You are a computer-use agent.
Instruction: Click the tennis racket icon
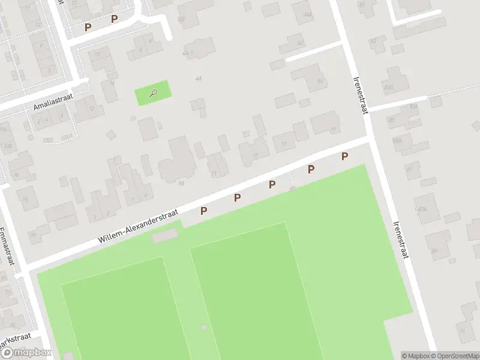[154, 93]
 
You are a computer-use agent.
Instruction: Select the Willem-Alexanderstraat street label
[138, 227]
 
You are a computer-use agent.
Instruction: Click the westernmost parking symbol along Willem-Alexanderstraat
[204, 211]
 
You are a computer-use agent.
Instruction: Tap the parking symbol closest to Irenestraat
[344, 157]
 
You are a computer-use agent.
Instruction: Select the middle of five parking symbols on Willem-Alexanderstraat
[272, 184]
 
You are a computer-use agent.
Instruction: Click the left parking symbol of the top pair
[88, 27]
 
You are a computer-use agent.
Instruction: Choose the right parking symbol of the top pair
[114, 19]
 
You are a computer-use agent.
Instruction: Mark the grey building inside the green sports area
[164, 236]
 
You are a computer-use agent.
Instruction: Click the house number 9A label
[181, 184]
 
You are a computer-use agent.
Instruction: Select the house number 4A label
[198, 78]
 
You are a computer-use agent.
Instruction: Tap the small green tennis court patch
[152, 93]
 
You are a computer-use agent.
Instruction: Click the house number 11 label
[214, 173]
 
